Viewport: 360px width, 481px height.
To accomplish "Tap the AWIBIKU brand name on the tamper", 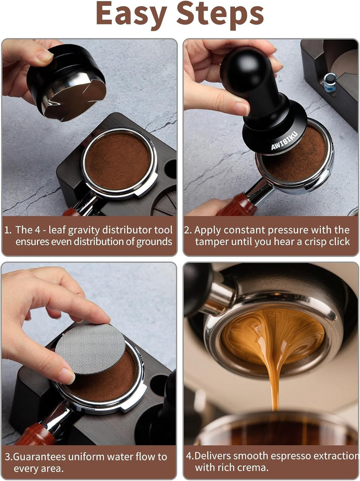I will [284, 141].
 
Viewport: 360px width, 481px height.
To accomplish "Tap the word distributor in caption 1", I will [122, 230].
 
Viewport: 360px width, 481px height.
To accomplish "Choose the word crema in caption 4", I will [253, 468].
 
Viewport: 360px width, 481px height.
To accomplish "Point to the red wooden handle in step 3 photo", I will [33, 436].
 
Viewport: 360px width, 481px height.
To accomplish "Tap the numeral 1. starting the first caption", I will [8, 230].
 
